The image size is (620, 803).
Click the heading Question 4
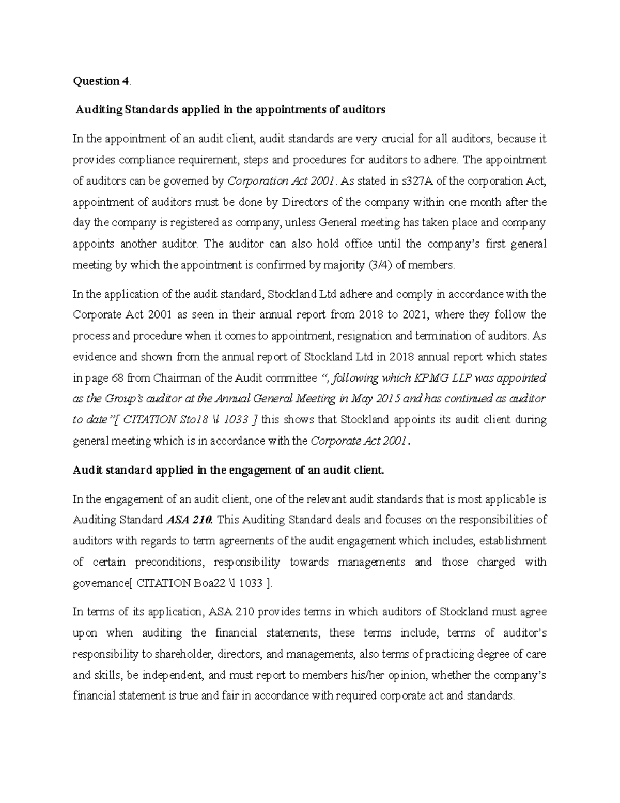pyautogui.click(x=101, y=81)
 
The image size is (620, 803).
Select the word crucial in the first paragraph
pyautogui.click(x=398, y=139)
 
